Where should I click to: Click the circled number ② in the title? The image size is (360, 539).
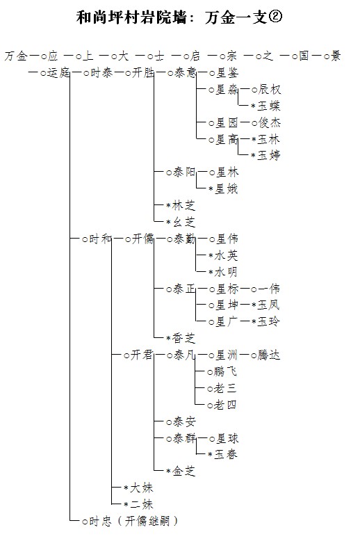click(x=275, y=17)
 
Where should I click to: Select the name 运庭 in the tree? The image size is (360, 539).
click(x=58, y=73)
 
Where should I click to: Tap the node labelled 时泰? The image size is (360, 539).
click(x=101, y=73)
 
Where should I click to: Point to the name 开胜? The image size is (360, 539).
click(x=143, y=73)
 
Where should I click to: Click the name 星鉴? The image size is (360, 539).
click(x=227, y=73)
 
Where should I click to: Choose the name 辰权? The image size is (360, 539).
click(x=270, y=90)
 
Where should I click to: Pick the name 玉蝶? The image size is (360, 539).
click(x=270, y=106)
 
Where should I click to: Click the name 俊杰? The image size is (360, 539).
click(x=270, y=122)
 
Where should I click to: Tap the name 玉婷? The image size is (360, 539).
click(x=270, y=155)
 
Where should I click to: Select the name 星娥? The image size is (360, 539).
click(x=227, y=188)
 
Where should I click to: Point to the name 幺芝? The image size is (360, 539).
click(x=183, y=222)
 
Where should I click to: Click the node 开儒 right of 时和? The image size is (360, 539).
click(x=143, y=239)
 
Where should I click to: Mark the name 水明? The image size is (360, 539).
click(x=227, y=272)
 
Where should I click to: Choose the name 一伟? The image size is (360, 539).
click(x=270, y=289)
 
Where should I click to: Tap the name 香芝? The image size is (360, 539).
click(x=183, y=338)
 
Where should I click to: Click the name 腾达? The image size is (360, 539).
click(x=270, y=355)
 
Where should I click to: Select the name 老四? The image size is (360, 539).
click(x=225, y=405)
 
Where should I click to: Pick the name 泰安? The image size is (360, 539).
click(x=184, y=421)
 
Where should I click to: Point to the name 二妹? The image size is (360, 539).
click(x=141, y=504)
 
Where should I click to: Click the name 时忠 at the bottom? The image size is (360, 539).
click(x=101, y=521)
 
